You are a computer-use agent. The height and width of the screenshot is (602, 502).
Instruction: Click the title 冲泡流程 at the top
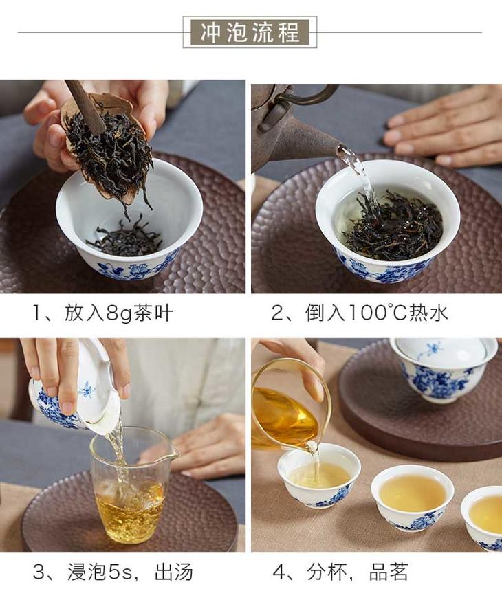click(250, 32)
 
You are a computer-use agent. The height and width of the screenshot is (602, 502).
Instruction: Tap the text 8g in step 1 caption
click(119, 313)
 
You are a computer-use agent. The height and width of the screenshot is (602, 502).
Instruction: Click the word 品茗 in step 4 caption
click(389, 572)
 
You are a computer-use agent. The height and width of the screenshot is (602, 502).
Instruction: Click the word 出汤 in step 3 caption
click(173, 572)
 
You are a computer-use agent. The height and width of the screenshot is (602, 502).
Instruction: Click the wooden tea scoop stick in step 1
click(85, 106)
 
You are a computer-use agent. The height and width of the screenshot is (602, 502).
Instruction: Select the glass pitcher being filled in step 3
click(133, 485)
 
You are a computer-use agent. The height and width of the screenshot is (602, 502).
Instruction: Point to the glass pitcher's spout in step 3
click(175, 453)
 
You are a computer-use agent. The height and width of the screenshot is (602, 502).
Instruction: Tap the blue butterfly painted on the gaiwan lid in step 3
click(87, 390)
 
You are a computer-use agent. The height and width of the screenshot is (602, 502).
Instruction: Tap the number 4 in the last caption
click(279, 572)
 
